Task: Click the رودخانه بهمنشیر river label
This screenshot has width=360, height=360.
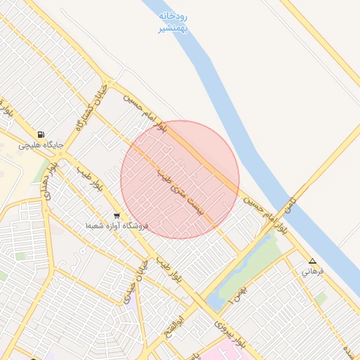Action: point(172,22)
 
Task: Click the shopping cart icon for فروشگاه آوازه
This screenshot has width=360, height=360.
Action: point(116,216)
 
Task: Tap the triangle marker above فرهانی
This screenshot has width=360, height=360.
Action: point(312,261)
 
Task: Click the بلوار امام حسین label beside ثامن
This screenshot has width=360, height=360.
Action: point(266,214)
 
